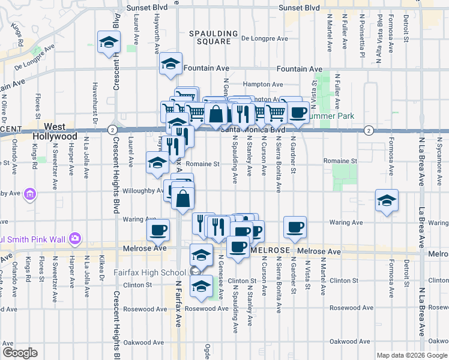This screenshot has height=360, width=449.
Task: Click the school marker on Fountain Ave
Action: (171, 64)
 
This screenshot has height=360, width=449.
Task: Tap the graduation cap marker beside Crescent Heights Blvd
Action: (109, 42)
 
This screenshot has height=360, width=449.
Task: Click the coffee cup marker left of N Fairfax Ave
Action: (159, 230)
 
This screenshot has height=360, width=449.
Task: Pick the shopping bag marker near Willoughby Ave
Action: (184, 197)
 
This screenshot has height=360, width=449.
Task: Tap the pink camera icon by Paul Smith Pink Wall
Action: (74, 238)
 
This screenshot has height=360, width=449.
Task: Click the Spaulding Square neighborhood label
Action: (209, 37)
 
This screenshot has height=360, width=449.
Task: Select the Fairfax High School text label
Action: (149, 272)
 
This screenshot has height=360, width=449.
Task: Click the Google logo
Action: (20, 353)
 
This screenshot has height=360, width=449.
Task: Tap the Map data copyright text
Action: (411, 355)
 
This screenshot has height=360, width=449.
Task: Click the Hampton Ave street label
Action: (262, 85)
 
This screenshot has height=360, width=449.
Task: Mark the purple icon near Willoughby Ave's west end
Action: (30, 194)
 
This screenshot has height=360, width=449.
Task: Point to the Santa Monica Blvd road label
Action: (252, 129)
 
